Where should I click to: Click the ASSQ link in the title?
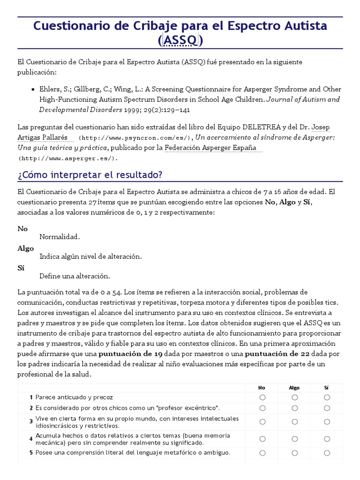[x=180, y=41]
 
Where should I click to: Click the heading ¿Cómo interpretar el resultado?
[x=90, y=175]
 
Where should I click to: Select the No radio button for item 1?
[x=262, y=397]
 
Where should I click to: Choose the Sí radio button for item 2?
[x=327, y=408]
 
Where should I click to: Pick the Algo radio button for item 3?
[x=294, y=422]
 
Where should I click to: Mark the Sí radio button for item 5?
[x=327, y=453]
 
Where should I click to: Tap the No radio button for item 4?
[x=262, y=439]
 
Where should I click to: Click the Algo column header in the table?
[x=294, y=388]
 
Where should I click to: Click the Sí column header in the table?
[x=327, y=388]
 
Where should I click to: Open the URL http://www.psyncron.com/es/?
[x=135, y=138]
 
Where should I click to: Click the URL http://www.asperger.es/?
[x=68, y=158]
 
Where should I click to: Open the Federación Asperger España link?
[x=211, y=148]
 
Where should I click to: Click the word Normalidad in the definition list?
[x=60, y=237]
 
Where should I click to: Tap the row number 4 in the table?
[x=31, y=439]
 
